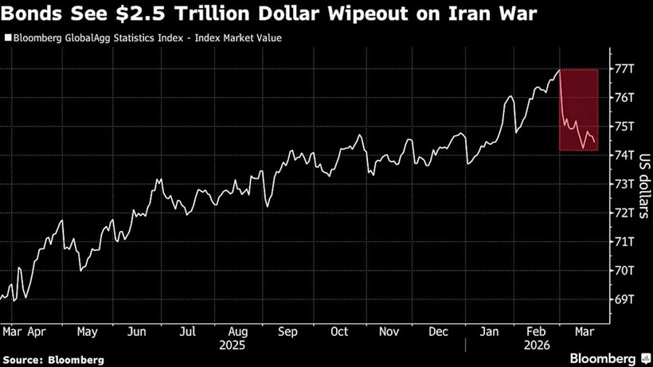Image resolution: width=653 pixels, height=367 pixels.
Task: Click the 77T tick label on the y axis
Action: point(623,68)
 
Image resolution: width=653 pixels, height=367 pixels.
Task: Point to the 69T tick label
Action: point(623,299)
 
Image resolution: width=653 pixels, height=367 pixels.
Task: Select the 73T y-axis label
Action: point(623,184)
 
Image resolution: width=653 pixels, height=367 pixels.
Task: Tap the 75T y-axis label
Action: point(623,126)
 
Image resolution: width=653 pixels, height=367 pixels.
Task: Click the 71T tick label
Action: point(623,241)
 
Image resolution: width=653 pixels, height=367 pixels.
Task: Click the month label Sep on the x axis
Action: point(287,331)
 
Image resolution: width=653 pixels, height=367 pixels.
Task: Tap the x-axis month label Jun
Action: point(136,331)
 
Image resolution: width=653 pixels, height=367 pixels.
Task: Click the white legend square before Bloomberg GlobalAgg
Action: point(8,37)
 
